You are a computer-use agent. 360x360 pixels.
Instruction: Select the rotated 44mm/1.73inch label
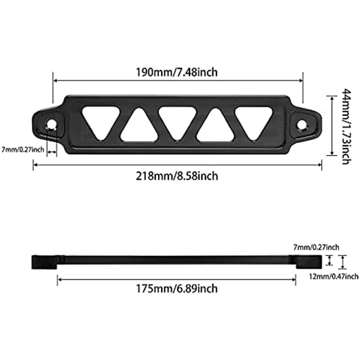tap(345, 126)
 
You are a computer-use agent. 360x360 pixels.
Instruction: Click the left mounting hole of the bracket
tap(52, 123)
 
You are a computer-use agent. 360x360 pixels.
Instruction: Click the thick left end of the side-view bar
tap(44, 261)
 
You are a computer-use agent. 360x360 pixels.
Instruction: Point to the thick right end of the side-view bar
tap(308, 261)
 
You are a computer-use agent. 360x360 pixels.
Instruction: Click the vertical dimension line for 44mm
tap(332, 125)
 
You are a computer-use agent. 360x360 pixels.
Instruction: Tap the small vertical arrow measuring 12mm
tap(342, 262)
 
